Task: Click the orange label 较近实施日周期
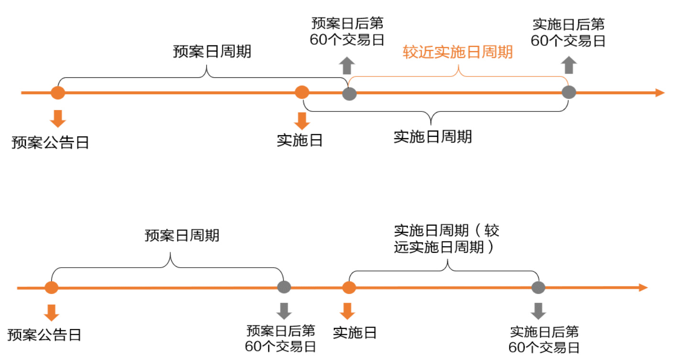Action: pos(458,52)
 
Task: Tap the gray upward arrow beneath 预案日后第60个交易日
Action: pos(347,65)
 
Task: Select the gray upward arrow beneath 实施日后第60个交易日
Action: pos(569,65)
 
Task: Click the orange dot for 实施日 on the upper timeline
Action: pos(302,92)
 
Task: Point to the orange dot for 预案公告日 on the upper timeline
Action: pos(58,92)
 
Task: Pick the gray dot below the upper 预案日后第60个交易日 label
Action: pos(350,93)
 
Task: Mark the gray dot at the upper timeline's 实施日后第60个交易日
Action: pos(569,92)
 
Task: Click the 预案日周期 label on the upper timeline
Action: pos(212,52)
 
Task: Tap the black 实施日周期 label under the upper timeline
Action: pos(432,137)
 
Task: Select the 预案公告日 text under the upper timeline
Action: pos(50,142)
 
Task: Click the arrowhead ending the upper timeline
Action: pos(660,93)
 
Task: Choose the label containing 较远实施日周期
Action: pos(446,239)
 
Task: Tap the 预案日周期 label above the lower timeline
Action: pos(182,235)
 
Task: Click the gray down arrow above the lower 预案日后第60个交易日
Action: pos(285,311)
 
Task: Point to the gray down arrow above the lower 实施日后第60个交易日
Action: pos(539,311)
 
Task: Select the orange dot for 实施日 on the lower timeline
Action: pos(349,288)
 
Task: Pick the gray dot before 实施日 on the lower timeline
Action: pos(284,287)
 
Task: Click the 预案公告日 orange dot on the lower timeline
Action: pos(51,288)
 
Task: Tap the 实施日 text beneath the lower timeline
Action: pos(354,333)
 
